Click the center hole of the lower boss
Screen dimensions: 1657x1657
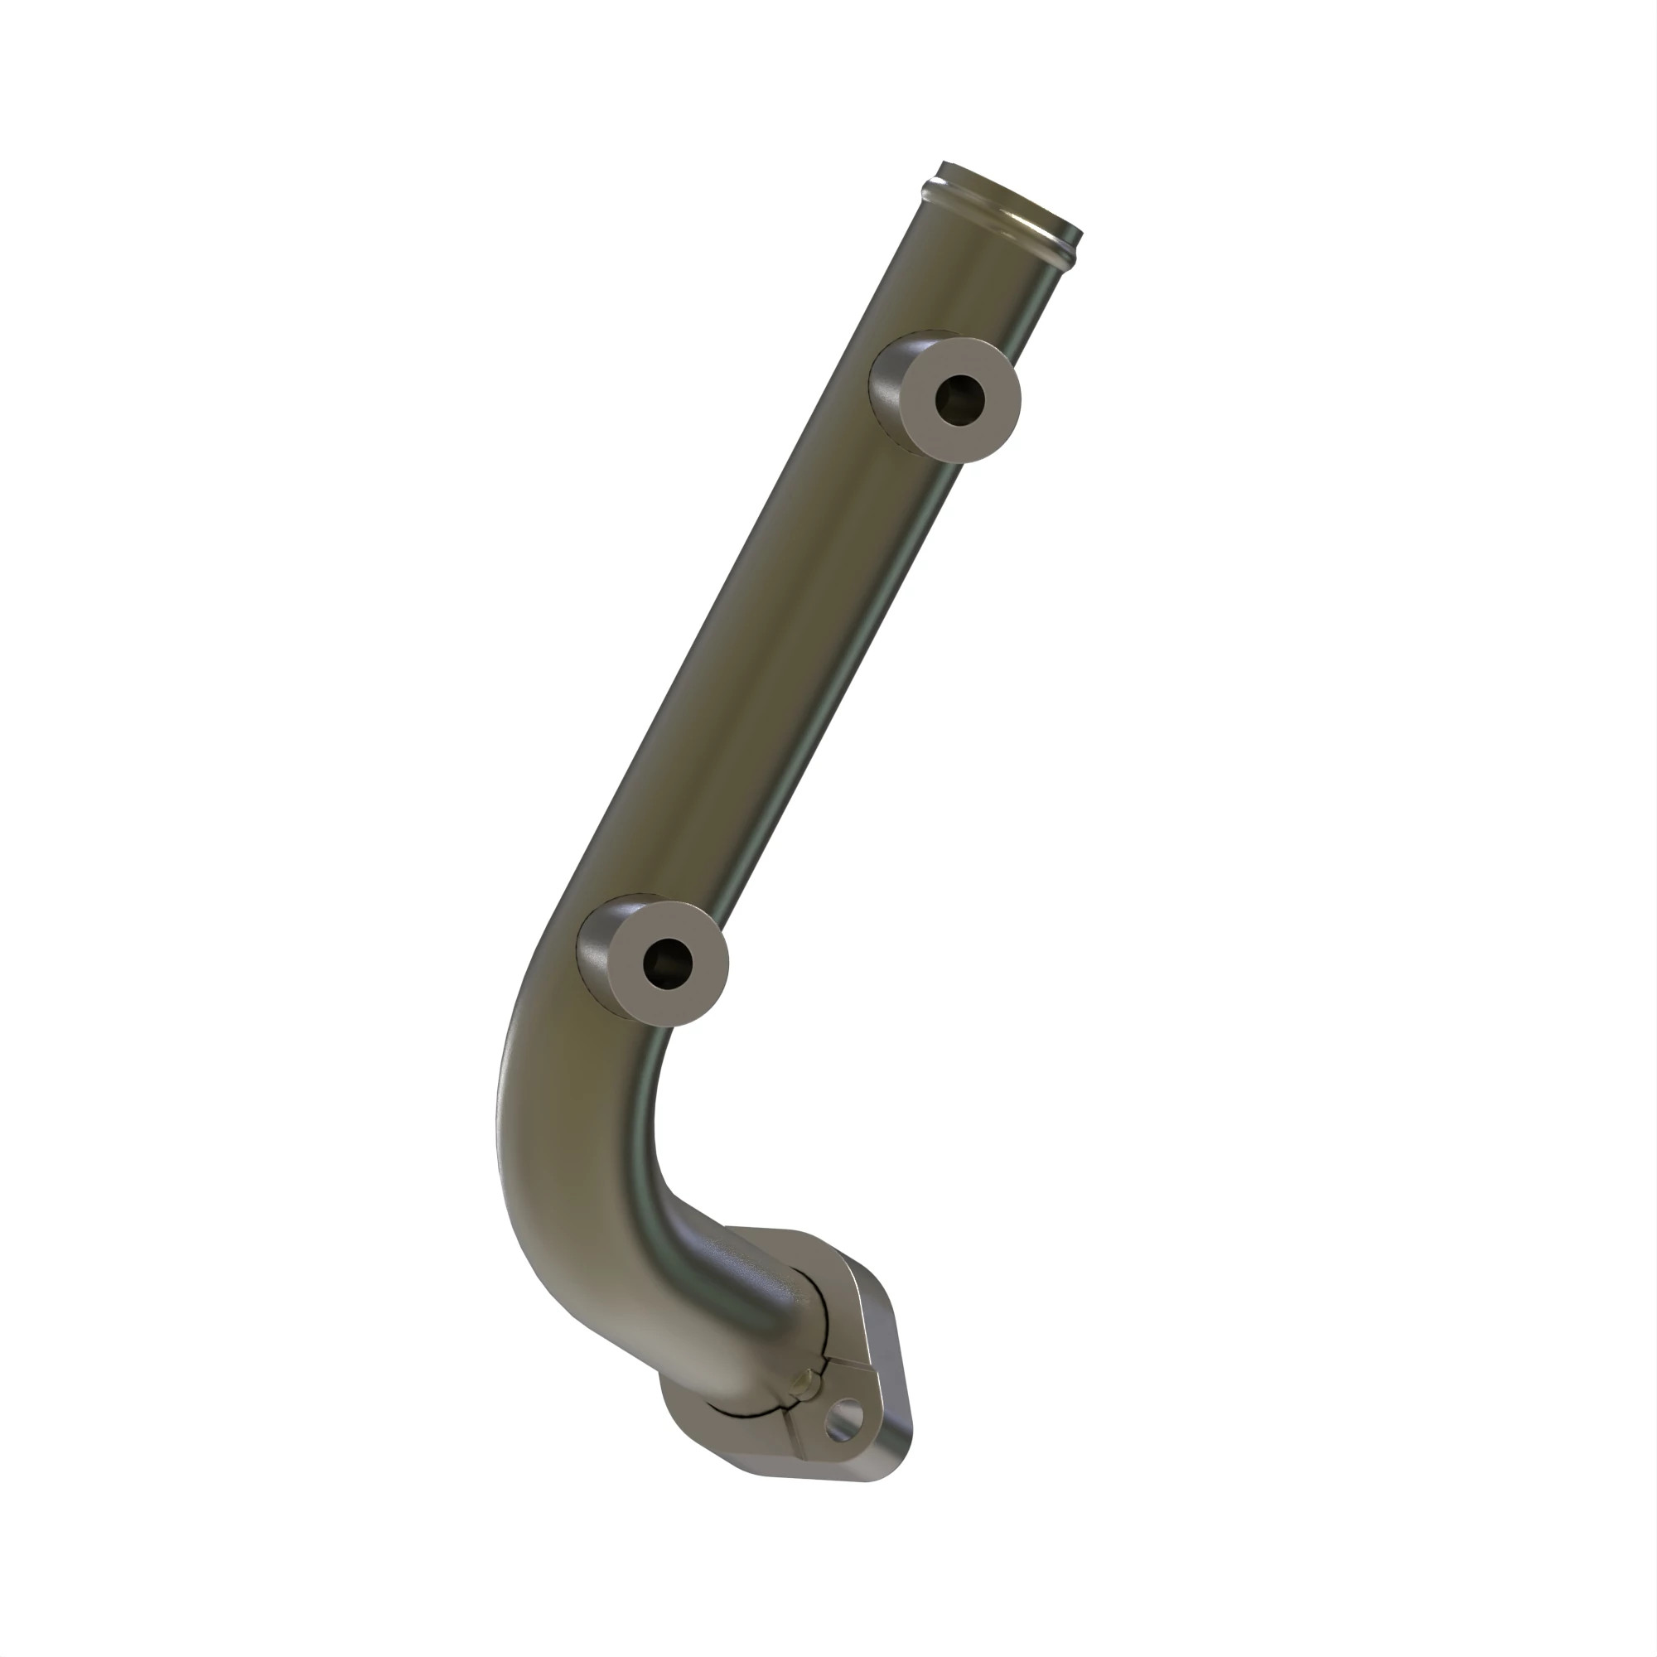(x=666, y=961)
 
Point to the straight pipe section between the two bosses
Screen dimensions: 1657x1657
(x=772, y=686)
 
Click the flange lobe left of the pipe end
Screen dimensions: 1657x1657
(x=686, y=1419)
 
